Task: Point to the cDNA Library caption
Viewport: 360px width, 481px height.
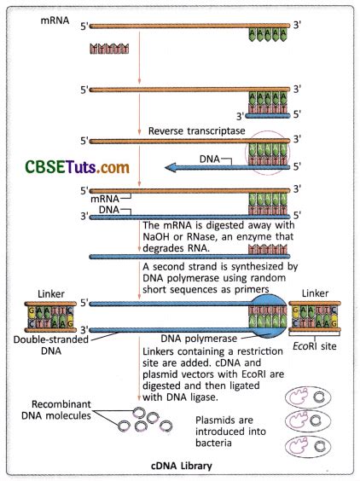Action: point(182,467)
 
